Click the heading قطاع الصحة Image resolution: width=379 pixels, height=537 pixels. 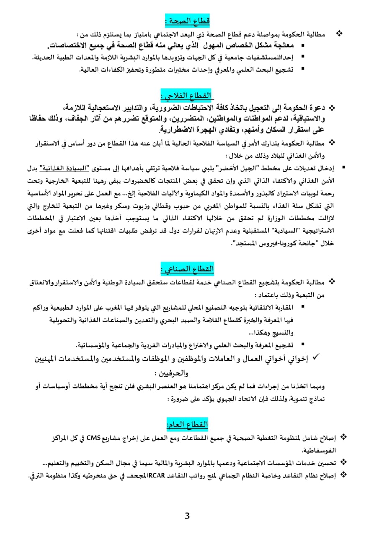tap(187, 20)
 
